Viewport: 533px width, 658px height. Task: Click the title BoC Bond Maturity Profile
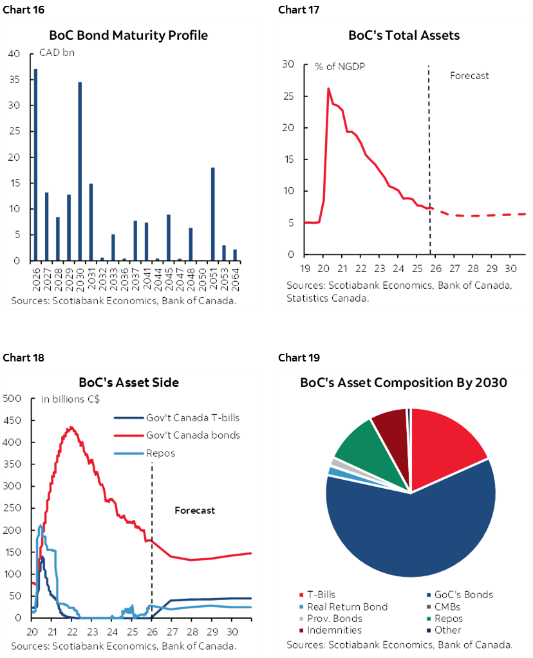pyautogui.click(x=129, y=35)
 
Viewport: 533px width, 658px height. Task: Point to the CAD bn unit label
pyautogui.click(x=57, y=53)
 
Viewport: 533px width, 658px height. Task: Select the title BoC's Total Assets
pyautogui.click(x=404, y=35)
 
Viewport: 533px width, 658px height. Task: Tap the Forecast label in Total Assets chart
pyautogui.click(x=469, y=75)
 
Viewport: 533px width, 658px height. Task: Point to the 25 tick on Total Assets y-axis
pyautogui.click(x=288, y=96)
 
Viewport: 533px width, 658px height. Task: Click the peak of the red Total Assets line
pyautogui.click(x=328, y=89)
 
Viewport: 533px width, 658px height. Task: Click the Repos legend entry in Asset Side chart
pyautogui.click(x=161, y=453)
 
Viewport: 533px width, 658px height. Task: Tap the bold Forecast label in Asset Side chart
pyautogui.click(x=194, y=510)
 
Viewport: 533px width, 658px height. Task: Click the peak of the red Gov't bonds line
pyautogui.click(x=71, y=427)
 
